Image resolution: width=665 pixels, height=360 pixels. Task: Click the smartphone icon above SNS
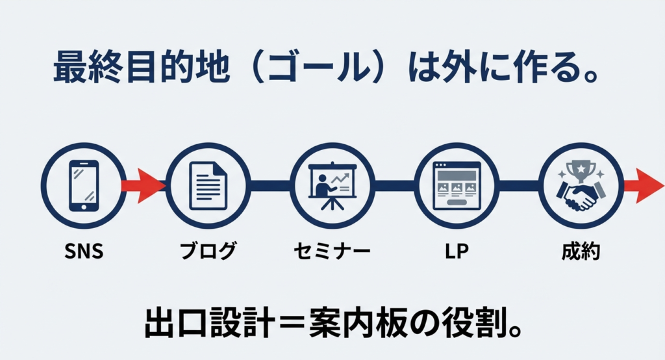84,185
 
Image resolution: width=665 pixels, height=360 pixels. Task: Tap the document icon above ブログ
208,185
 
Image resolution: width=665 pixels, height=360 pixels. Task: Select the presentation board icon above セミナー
332,185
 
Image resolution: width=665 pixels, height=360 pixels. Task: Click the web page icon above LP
457,185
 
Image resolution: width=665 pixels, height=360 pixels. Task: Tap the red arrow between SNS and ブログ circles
144,185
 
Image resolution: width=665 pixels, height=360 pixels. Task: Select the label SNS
84,251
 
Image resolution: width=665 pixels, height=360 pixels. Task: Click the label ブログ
208,251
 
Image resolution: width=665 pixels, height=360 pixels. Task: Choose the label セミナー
332,251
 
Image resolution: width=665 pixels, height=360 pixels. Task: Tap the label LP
457,251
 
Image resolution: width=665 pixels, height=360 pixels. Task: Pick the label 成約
581,251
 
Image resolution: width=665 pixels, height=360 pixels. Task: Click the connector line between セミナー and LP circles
394,185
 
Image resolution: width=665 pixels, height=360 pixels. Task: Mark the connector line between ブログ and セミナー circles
270,185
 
